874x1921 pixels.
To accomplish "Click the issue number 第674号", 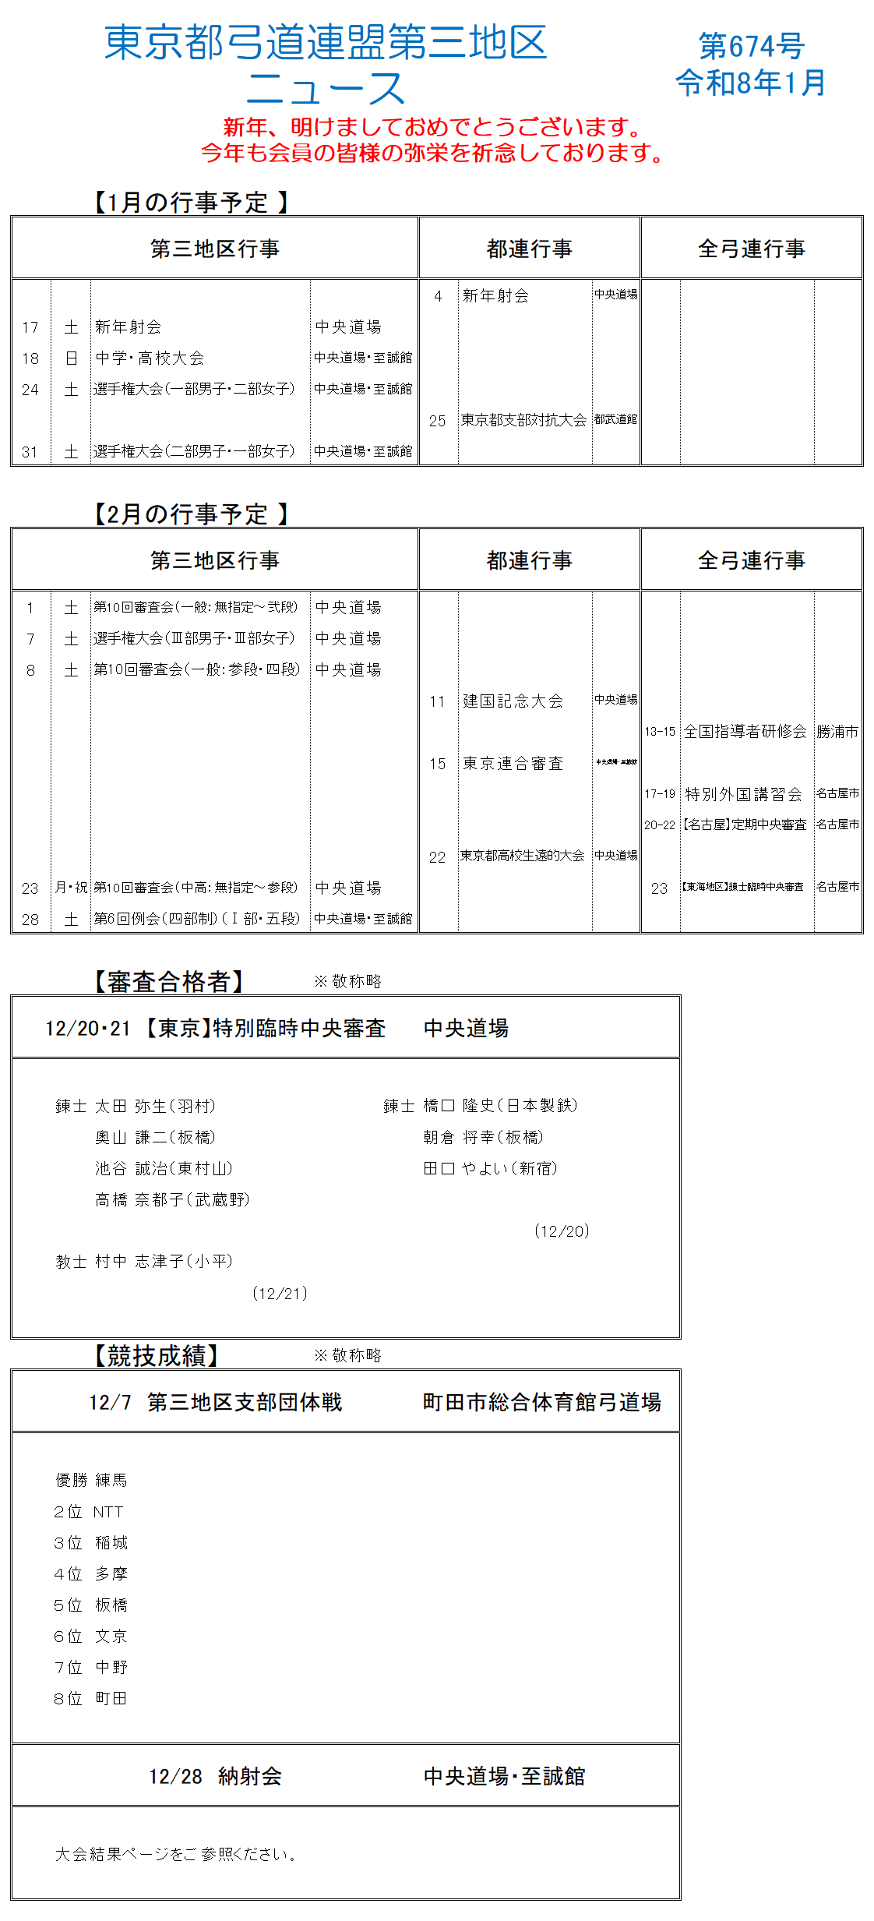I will pyautogui.click(x=751, y=46).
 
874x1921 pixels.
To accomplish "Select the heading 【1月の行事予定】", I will pyautogui.click(x=190, y=203).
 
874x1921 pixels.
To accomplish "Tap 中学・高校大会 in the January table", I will pyautogui.click(x=150, y=358).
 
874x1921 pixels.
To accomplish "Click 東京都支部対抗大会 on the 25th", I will pyautogui.click(x=523, y=420).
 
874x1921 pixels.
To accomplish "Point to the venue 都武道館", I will pyautogui.click(x=615, y=419).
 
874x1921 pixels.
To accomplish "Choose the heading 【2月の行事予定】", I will pyautogui.click(x=190, y=514).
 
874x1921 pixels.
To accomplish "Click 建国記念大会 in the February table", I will pyautogui.click(x=513, y=701).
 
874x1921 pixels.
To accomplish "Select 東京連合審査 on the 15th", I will pyautogui.click(x=513, y=763).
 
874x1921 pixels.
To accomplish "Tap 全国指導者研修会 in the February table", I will pyautogui.click(x=745, y=731).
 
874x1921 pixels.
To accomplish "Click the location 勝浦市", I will pyautogui.click(x=837, y=732).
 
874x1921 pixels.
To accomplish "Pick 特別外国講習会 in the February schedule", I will pyautogui.click(x=743, y=794).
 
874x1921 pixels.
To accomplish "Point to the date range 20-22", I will pyautogui.click(x=659, y=825).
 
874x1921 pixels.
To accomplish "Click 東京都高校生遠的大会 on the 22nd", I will pyautogui.click(x=522, y=856).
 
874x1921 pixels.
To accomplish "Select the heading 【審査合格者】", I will pyautogui.click(x=168, y=982).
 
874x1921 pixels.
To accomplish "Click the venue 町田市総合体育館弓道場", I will pyautogui.click(x=541, y=1402).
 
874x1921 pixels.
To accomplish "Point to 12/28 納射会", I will pyautogui.click(x=215, y=1776).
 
